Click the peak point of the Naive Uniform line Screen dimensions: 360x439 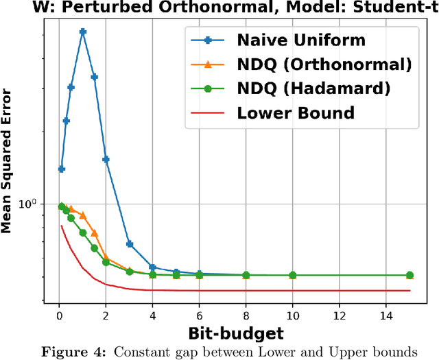point(82,32)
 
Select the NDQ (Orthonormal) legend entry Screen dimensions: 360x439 point(324,64)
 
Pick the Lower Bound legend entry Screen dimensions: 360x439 point(296,112)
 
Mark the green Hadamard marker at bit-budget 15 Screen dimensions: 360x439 point(410,274)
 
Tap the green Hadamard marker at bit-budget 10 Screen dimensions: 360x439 point(292,275)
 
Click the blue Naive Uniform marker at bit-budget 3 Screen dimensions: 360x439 point(129,244)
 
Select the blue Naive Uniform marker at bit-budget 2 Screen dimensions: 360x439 point(106,159)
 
